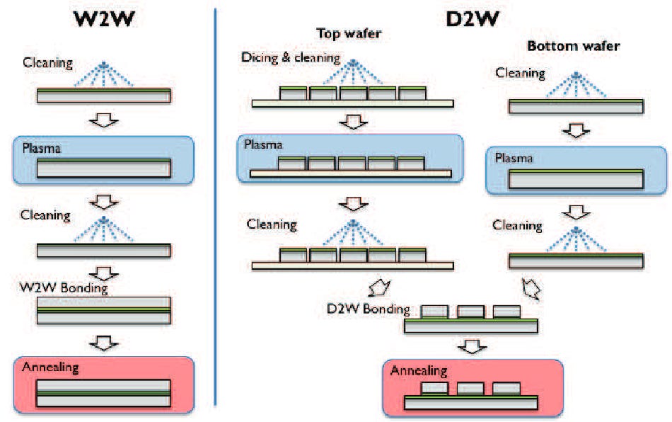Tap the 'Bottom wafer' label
574,46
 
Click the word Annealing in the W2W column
50,367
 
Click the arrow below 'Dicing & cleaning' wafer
351,122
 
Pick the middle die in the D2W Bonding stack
470,312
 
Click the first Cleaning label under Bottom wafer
520,72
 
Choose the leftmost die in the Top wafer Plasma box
292,164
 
